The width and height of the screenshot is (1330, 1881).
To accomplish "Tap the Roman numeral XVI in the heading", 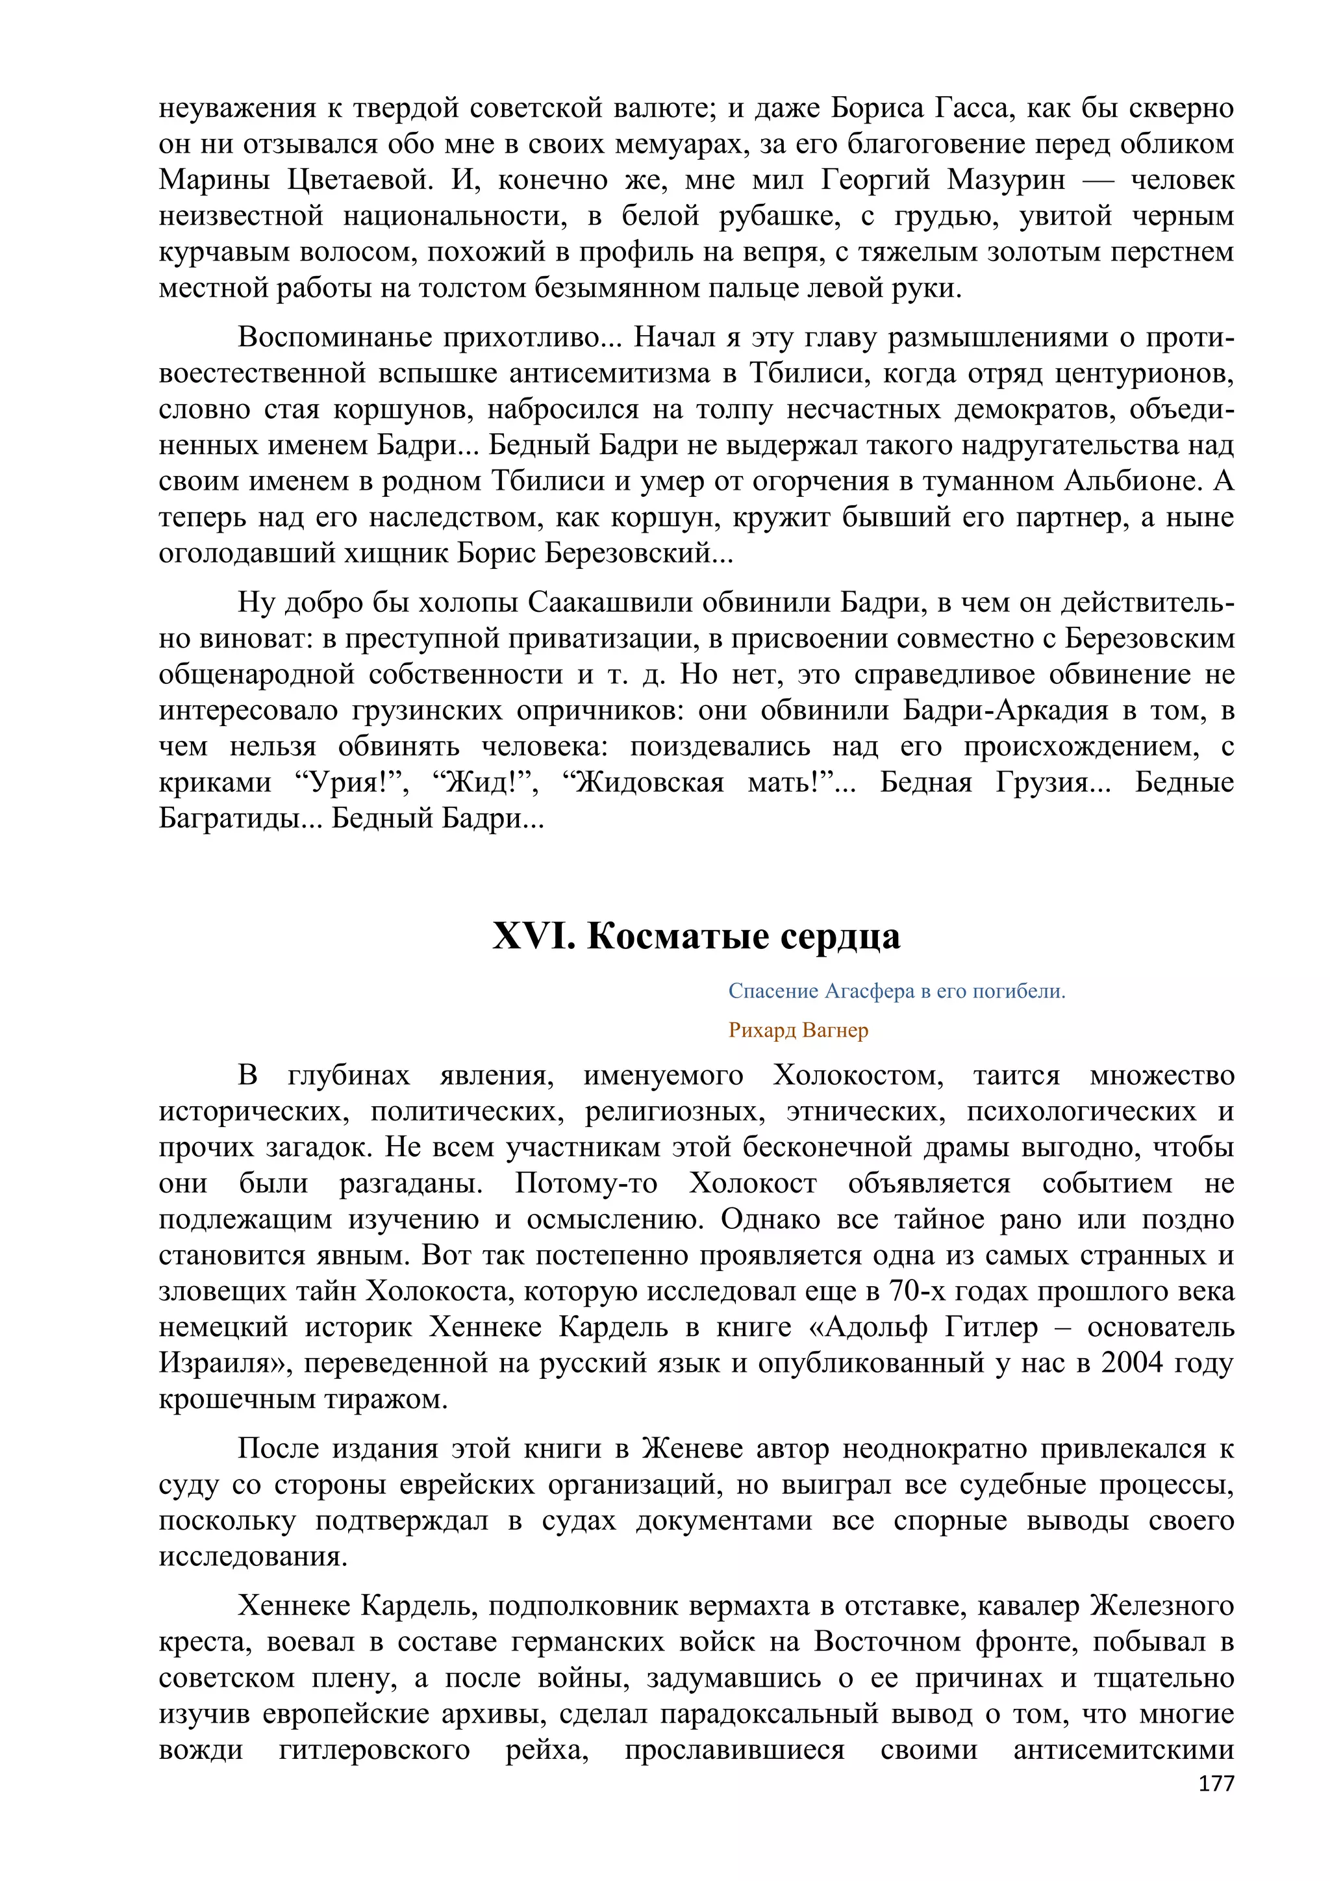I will [533, 937].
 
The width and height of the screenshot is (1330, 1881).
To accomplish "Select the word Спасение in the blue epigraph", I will [772, 991].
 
